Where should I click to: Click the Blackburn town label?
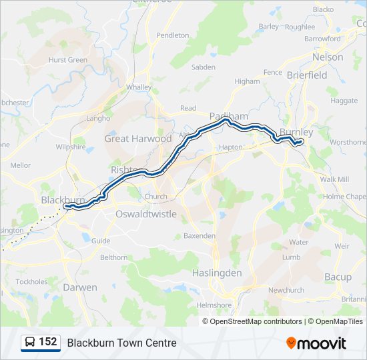(63, 199)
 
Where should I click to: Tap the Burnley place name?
(296, 132)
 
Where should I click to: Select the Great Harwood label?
(138, 139)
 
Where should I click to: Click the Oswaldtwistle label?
(146, 214)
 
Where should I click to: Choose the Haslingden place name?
(217, 273)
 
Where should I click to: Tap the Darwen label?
(80, 287)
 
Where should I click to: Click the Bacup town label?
(338, 277)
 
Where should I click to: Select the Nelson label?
(328, 57)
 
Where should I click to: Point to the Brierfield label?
(307, 75)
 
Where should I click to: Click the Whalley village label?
(139, 87)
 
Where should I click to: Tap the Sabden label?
(204, 67)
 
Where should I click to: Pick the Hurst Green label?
(68, 60)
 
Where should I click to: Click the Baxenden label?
(200, 236)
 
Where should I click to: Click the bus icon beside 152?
(30, 343)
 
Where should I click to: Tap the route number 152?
(47, 342)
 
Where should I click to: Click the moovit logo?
(316, 343)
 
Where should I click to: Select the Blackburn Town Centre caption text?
(121, 343)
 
